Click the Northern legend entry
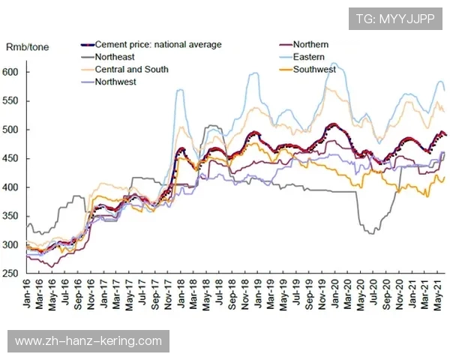pos(310,44)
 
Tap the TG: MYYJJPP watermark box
pos(394,19)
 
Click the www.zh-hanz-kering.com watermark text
pos(88,341)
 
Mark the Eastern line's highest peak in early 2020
pos(334,64)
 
